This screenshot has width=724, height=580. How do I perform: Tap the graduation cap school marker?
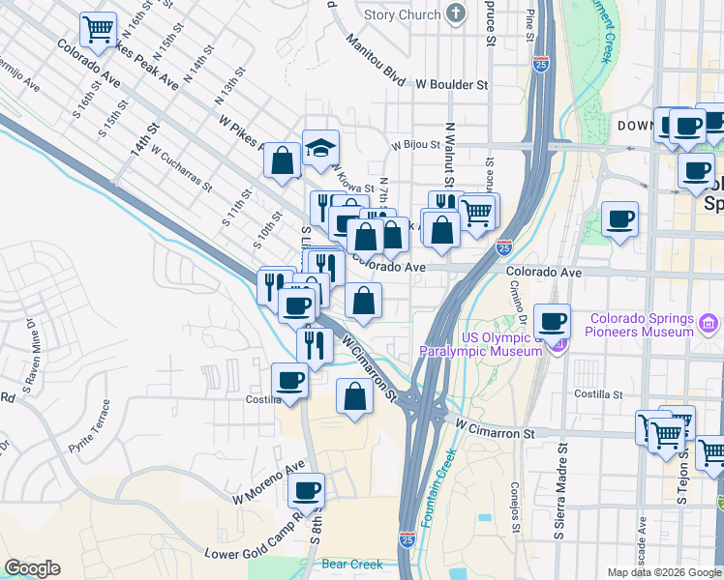(x=320, y=149)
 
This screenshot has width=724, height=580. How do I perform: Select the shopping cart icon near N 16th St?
(x=97, y=31)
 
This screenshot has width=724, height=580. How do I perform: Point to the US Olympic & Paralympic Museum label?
(x=484, y=344)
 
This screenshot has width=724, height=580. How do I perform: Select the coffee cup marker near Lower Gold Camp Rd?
(x=307, y=491)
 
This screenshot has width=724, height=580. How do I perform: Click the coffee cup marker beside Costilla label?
(x=289, y=381)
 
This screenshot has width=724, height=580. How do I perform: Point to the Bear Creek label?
(x=351, y=564)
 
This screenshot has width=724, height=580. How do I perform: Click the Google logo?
(x=32, y=568)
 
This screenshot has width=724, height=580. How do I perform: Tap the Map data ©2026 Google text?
(x=663, y=572)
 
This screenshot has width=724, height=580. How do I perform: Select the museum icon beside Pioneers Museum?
(x=708, y=320)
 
